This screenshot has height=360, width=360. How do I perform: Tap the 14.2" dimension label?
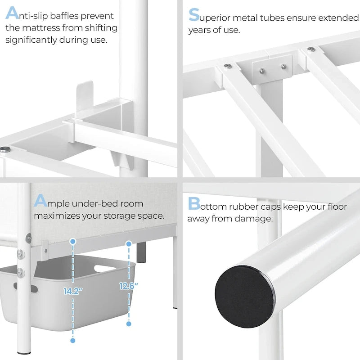pyautogui.click(x=72, y=291)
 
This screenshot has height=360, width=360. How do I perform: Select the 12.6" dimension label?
pyautogui.click(x=129, y=285)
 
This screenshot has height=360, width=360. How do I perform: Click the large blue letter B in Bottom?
pyautogui.click(x=194, y=204)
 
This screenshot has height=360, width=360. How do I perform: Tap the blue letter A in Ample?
pyautogui.click(x=40, y=201)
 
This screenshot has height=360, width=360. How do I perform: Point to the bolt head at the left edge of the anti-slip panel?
pyautogui.click(x=5, y=149)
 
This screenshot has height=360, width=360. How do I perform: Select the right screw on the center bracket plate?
pyautogui.click(x=283, y=67)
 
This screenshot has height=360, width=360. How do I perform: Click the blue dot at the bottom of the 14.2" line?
pyautogui.click(x=72, y=340)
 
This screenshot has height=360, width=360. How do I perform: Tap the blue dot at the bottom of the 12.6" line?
pyautogui.click(x=129, y=324)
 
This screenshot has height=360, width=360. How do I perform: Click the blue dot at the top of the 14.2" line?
pyautogui.click(x=72, y=242)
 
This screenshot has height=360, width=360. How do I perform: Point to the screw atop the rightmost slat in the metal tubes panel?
pyautogui.click(x=311, y=49)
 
